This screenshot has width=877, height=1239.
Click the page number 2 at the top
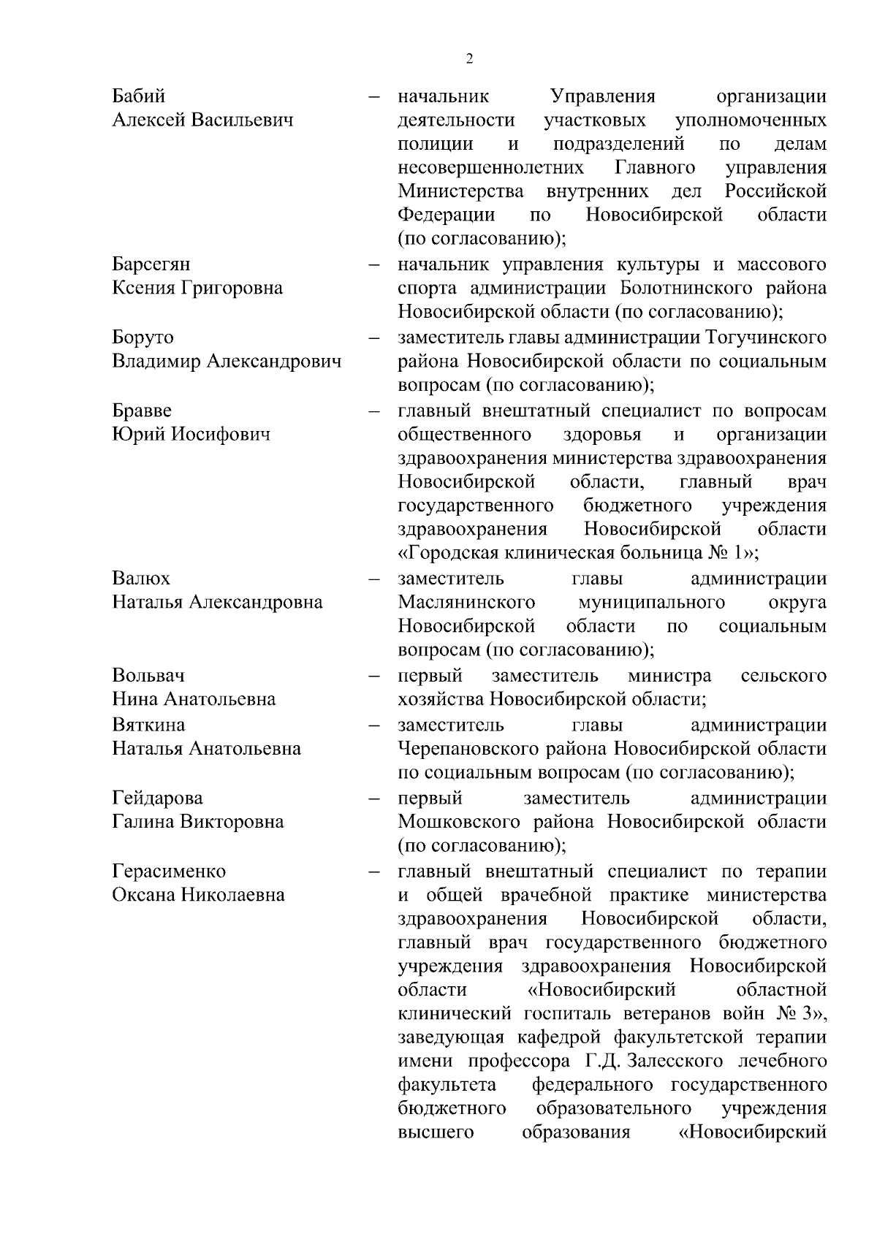[x=469, y=59]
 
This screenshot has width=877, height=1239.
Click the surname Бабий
[x=139, y=96]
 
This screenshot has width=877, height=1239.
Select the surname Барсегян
[x=151, y=264]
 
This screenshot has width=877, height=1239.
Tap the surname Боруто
[x=143, y=338]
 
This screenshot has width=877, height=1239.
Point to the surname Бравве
[x=142, y=411]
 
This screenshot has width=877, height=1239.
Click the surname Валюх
[x=141, y=579]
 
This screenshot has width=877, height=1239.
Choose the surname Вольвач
[x=148, y=675]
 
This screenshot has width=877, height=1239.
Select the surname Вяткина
[x=148, y=725]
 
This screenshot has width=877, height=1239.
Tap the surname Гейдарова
[x=157, y=798]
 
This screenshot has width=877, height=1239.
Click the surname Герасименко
[x=169, y=871]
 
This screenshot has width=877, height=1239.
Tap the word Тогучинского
[x=767, y=338]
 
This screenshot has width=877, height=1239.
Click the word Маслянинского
[x=466, y=603]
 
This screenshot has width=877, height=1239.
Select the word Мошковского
[x=466, y=822]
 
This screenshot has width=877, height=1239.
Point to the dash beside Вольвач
[x=374, y=676]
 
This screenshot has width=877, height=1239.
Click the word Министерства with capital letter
[x=460, y=192]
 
